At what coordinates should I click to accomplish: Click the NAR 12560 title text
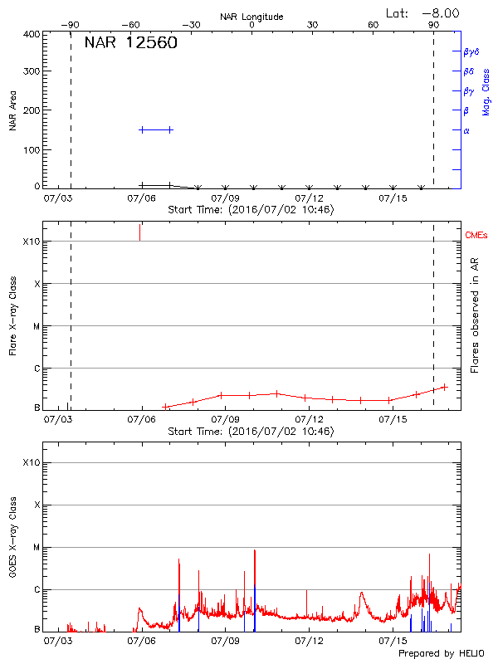pos(130,43)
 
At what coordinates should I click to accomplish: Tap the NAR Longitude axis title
pos(251,17)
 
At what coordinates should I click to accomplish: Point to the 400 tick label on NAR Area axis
pos(32,34)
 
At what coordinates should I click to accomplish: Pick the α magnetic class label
pos(466,130)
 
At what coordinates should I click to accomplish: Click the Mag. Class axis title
pos(486,90)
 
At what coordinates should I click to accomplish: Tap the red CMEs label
pos(478,236)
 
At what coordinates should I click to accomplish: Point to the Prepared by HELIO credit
pos(441,653)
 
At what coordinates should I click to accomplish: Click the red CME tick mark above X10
pos(139,232)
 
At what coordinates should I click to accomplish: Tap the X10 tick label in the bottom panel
pos(30,462)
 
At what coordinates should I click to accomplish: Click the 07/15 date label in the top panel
pos(392,199)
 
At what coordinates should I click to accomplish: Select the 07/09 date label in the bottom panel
pos(225,641)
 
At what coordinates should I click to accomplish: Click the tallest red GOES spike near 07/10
pos(254,550)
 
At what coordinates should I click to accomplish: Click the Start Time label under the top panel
pos(251,210)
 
